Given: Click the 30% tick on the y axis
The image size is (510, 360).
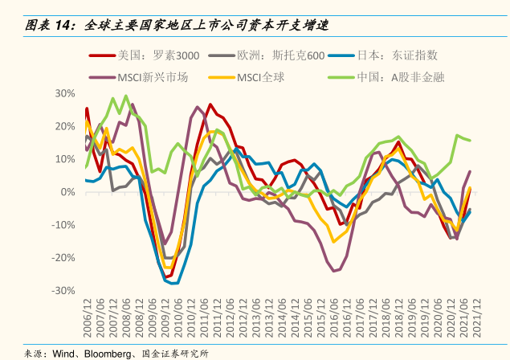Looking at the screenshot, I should (65, 93).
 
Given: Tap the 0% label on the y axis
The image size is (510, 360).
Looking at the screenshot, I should (67, 192).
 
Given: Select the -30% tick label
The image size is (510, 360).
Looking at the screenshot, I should (63, 291).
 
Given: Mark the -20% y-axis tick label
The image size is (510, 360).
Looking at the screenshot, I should (63, 258).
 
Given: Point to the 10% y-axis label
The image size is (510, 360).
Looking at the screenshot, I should (65, 159).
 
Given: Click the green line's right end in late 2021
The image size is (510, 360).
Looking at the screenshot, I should (470, 141).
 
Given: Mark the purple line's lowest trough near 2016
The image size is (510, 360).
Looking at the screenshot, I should (334, 271).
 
